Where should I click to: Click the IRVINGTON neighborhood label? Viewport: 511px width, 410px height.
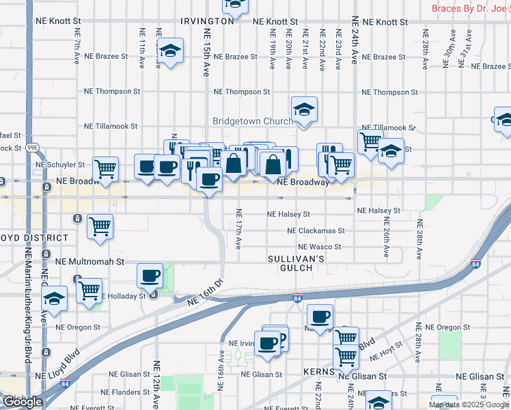point(207,21)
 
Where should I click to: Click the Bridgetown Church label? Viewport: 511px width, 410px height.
point(253,121)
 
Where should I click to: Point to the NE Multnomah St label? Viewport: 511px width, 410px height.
point(90,261)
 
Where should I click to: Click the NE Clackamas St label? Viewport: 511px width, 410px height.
point(316,231)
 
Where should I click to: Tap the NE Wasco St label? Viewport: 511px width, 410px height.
point(319,247)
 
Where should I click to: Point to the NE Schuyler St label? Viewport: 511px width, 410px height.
point(60,165)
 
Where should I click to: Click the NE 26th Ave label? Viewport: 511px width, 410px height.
point(386,236)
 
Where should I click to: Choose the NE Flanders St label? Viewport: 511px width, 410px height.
point(128,392)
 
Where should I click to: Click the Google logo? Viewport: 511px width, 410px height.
point(22,402)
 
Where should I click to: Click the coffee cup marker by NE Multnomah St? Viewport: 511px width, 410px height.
point(150,275)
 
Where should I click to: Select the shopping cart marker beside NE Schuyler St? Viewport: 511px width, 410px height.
point(105,168)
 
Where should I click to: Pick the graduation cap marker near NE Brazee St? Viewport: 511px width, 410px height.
point(170,51)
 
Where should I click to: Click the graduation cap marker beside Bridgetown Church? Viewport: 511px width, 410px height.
point(304,109)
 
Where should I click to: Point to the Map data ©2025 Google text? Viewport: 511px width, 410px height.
point(467,405)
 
